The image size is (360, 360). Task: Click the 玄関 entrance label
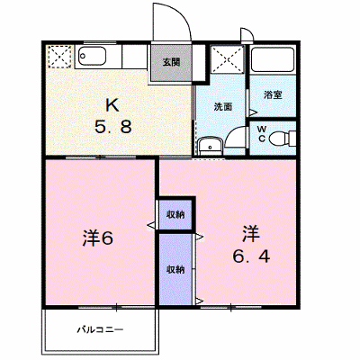coord(171,62)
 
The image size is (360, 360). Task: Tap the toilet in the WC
coord(282,139)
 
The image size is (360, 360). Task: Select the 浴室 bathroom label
coord(273,94)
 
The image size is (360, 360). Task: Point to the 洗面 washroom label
coord(223,107)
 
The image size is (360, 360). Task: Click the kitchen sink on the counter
coord(92,57)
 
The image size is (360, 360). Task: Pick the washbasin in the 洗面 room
coord(210,146)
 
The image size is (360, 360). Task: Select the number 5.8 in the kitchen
coord(113,126)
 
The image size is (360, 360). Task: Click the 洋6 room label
coord(98,238)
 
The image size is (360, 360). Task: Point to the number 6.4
coord(251,256)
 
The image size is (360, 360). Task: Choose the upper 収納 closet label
coord(175,214)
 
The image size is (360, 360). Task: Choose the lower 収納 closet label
coord(175,269)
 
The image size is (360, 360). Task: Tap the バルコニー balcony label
coord(101,330)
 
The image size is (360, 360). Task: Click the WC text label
coord(262,134)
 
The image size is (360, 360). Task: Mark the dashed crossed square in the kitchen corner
coord(58,57)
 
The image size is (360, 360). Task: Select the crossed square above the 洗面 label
coord(228,59)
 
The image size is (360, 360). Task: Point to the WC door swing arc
coord(233,133)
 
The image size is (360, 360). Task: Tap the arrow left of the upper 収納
coord(151,224)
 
